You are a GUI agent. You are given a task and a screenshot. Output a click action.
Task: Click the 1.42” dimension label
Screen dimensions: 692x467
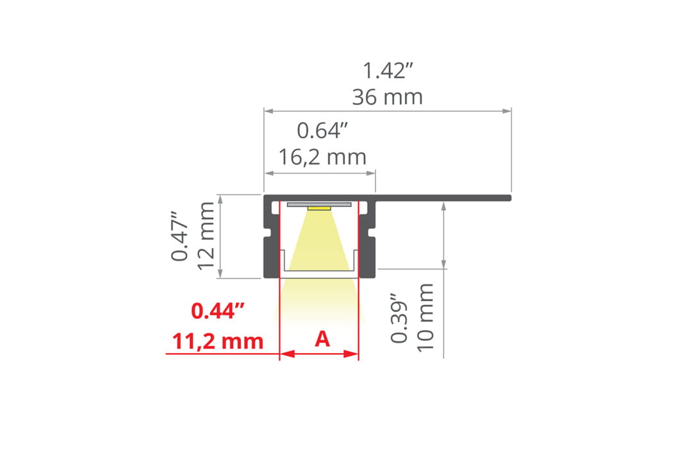point(388,70)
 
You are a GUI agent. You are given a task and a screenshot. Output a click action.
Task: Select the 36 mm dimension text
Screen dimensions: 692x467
point(388,97)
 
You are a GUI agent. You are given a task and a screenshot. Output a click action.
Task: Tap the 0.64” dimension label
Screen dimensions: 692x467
point(322,131)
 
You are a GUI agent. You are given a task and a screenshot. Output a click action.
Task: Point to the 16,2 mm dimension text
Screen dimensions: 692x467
point(322,157)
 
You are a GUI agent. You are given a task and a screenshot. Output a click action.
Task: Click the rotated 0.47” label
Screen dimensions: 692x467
point(180,236)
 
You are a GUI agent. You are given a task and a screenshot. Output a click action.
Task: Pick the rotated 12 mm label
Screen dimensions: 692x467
point(206,236)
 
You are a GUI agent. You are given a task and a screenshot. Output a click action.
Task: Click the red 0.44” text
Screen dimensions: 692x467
point(218,311)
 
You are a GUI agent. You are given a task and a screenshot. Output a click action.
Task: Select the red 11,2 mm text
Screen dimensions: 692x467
point(218,341)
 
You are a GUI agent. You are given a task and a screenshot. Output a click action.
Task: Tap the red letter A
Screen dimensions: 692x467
point(322,339)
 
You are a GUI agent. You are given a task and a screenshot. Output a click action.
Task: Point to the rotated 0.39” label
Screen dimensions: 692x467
point(399,317)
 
